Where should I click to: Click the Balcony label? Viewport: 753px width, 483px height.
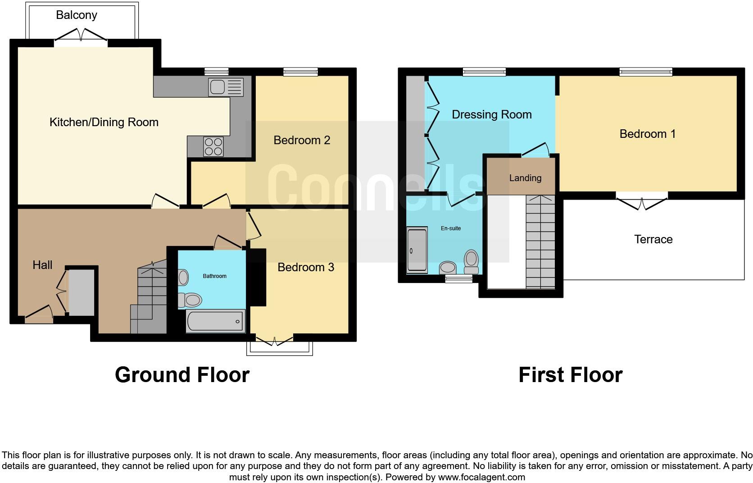(x=76, y=15)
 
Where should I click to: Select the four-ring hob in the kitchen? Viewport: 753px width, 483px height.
(x=213, y=146)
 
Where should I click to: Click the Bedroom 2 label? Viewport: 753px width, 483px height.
(x=302, y=140)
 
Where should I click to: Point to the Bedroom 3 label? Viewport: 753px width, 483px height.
(x=305, y=267)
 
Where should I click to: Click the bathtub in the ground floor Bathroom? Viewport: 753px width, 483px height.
(x=215, y=321)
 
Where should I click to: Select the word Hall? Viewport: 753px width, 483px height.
(x=42, y=265)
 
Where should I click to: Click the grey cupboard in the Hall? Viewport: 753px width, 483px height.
(x=81, y=292)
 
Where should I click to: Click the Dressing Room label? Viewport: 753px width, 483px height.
(x=491, y=114)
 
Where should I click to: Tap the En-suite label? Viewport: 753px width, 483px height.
(x=450, y=228)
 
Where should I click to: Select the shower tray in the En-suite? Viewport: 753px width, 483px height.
(x=417, y=251)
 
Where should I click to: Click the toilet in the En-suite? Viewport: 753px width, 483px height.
(x=471, y=260)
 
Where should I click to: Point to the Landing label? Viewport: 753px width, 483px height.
(x=525, y=178)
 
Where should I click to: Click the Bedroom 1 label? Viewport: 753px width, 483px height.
(x=647, y=134)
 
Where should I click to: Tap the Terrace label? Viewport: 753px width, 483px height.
(x=653, y=239)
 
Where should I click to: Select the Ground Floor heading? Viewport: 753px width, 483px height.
(x=182, y=375)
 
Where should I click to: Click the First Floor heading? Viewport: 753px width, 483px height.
(x=570, y=375)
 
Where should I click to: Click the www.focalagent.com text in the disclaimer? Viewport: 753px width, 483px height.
(x=481, y=477)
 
